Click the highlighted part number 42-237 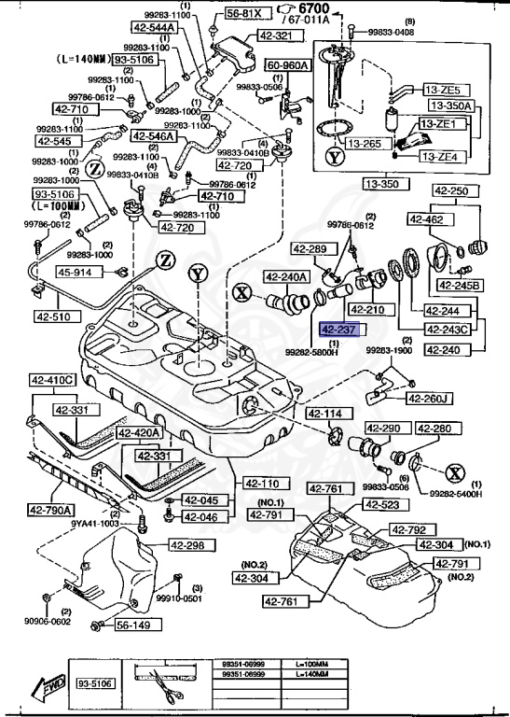[x=338, y=330]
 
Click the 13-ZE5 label [x=442, y=90]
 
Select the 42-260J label [x=430, y=400]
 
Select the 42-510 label [x=55, y=316]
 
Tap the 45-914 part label [x=76, y=273]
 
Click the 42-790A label [x=52, y=510]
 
